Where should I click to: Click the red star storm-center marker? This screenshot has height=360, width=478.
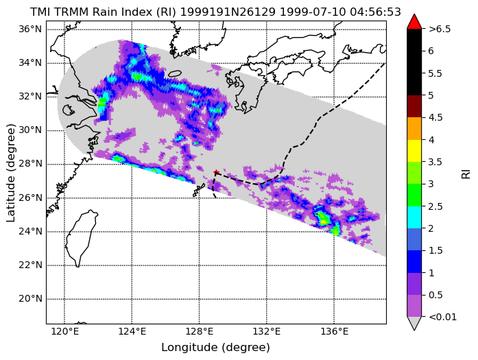pyautogui.click(x=216, y=172)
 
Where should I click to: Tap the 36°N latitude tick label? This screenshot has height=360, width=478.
pyautogui.click(x=30, y=29)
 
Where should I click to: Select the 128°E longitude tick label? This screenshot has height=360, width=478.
pyautogui.click(x=200, y=331)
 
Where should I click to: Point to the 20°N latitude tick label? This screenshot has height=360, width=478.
pyautogui.click(x=30, y=299)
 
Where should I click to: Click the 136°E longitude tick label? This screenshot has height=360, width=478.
pyautogui.click(x=334, y=331)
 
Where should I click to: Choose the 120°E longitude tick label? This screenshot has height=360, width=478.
pyautogui.click(x=64, y=331)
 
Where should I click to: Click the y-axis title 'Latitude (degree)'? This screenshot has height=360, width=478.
pyautogui.click(x=10, y=173)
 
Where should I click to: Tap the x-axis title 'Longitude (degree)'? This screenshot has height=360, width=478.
pyautogui.click(x=215, y=348)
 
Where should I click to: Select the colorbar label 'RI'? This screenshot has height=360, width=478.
pyautogui.click(x=466, y=174)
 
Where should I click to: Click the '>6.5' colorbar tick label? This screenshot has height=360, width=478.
pyautogui.click(x=440, y=29)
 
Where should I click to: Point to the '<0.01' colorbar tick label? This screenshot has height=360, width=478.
pyautogui.click(x=442, y=317)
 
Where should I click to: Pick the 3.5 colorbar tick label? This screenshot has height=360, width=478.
pyautogui.click(x=435, y=162)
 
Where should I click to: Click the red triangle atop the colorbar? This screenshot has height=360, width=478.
pyautogui.click(x=414, y=22)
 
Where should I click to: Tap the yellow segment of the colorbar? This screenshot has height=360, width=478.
pyautogui.click(x=414, y=151)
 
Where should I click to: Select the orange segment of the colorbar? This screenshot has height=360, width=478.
pyautogui.click(x=414, y=129)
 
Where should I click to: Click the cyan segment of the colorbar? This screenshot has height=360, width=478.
pyautogui.click(x=414, y=217)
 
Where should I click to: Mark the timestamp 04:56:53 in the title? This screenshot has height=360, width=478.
pyautogui.click(x=375, y=12)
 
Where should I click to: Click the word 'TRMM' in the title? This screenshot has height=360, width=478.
pyautogui.click(x=71, y=12)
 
